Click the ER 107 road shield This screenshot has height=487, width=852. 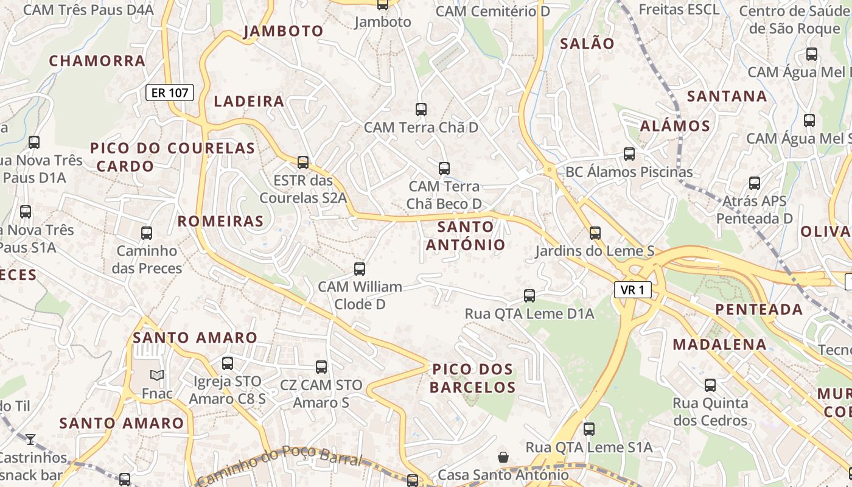[170, 93]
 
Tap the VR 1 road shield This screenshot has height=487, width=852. [633, 290]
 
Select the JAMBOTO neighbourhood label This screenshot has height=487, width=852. [283, 32]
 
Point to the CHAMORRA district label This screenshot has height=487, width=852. [97, 61]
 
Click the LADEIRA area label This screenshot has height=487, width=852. [249, 101]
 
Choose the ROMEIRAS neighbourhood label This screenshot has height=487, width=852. [220, 221]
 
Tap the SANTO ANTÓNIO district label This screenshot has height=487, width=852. [466, 236]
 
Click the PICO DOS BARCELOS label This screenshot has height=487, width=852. [473, 378]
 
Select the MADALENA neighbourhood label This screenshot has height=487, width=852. [719, 345]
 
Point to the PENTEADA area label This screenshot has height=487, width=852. [759, 309]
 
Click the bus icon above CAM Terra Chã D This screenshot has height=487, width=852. [421, 110]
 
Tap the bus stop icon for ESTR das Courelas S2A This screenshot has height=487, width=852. [303, 163]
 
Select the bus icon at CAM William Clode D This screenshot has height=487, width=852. [360, 268]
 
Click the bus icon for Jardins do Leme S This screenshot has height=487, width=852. [595, 233]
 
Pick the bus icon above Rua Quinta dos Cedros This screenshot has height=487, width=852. [710, 385]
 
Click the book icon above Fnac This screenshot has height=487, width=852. [157, 376]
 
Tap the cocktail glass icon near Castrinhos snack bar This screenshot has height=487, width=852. [30, 439]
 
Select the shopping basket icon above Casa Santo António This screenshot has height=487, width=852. [503, 457]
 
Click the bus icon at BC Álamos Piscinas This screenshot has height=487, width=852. [629, 154]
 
